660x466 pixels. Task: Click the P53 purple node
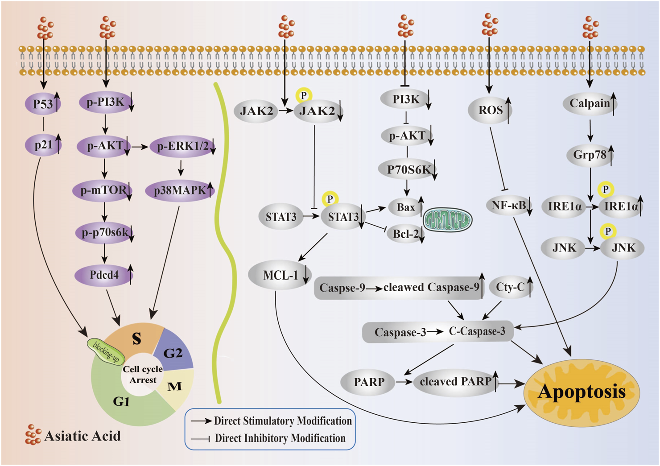point(43,104)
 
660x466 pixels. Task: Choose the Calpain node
point(589,103)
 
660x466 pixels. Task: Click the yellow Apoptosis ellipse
point(582,392)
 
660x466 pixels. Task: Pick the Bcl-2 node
point(405,234)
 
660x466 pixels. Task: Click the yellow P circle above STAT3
point(330,199)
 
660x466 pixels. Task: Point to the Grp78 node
point(590,155)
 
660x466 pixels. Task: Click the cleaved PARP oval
point(455,382)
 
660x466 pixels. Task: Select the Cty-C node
point(510,287)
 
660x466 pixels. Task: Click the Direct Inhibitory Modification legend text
point(280,438)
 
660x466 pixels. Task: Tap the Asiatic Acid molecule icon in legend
point(33,435)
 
